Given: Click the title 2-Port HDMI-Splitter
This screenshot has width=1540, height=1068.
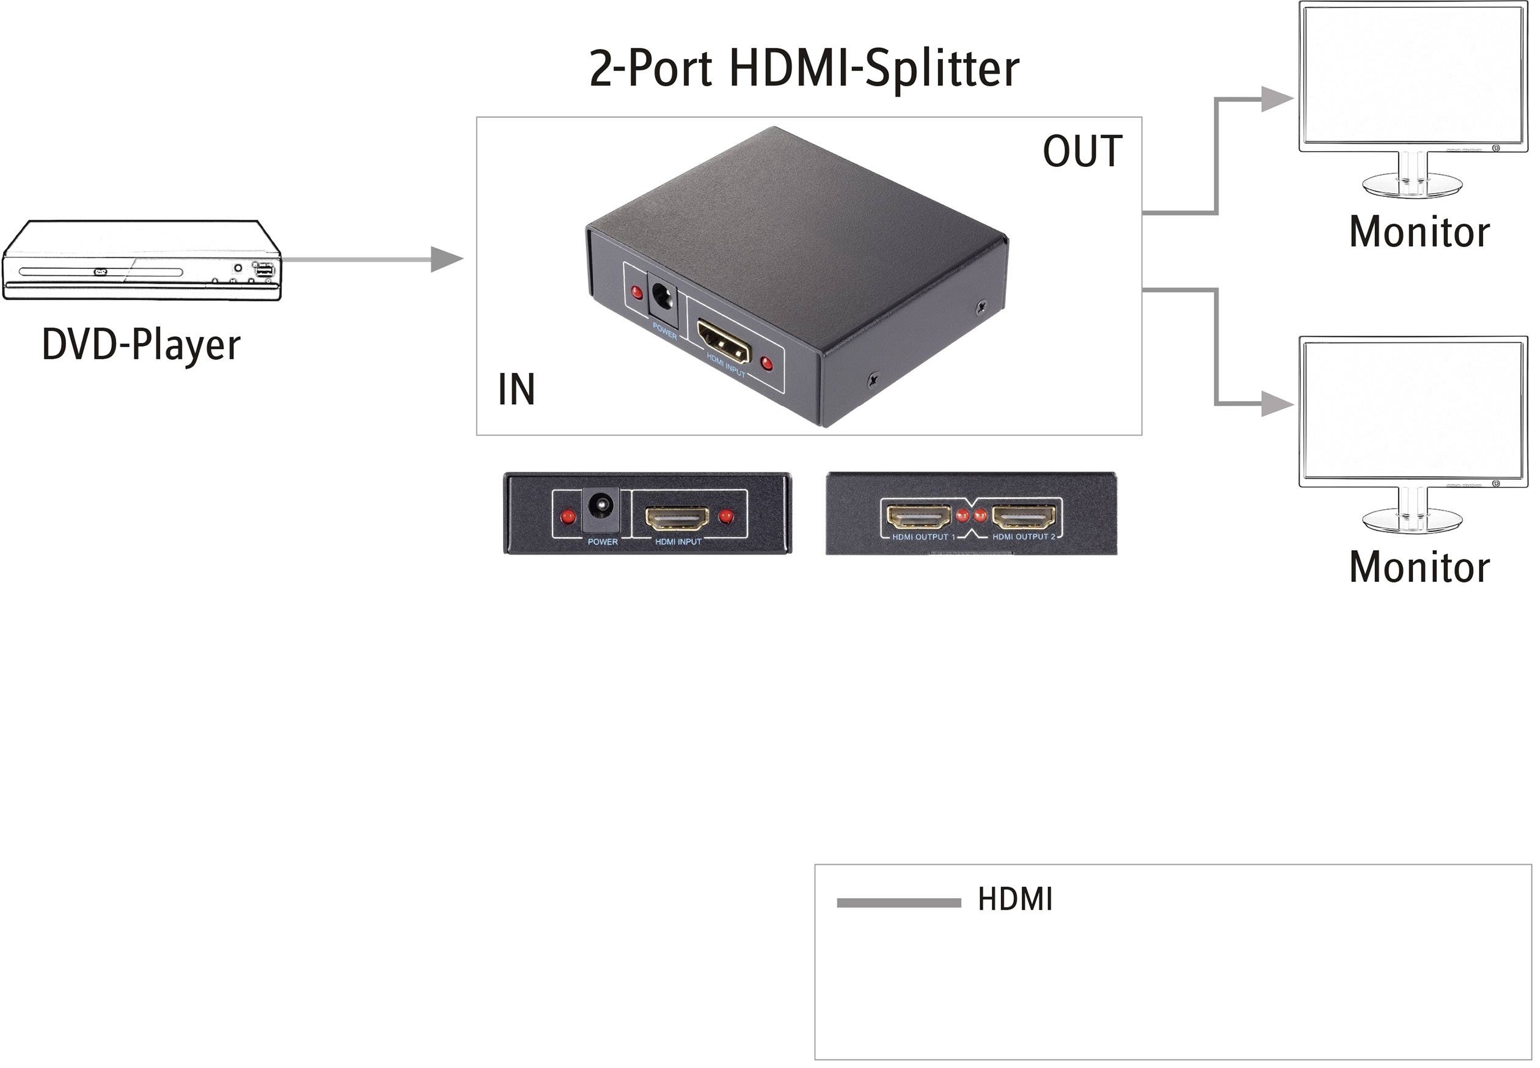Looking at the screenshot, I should point(804,69).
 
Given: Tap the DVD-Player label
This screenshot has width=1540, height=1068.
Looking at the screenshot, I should point(141,345).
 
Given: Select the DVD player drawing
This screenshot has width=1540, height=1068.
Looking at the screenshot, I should point(142,260).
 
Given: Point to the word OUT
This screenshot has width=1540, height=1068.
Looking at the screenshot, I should point(1082,152).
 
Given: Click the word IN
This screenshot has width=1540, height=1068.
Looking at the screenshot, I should point(516,389).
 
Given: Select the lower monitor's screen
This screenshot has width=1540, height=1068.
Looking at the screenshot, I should point(1413,412).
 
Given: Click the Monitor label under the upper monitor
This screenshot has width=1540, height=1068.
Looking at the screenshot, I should point(1419,232).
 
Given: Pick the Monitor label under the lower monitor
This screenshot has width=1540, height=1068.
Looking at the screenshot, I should point(1419,567).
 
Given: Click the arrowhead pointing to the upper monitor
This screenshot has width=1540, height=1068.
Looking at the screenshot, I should point(1277,99).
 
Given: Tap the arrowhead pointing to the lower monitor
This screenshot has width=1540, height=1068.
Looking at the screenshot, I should point(1277,403).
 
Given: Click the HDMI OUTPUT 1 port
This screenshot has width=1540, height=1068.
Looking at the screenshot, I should point(919,516).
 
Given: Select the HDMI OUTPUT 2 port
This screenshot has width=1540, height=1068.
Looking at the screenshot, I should point(1024,516).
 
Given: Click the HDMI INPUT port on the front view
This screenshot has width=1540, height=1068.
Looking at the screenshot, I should point(677,517).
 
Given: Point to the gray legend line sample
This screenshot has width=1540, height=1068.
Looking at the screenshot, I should point(898,904).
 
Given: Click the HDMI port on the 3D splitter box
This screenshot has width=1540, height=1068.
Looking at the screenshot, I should point(723,339).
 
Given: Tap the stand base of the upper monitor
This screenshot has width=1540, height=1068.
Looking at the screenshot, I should point(1412,185).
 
